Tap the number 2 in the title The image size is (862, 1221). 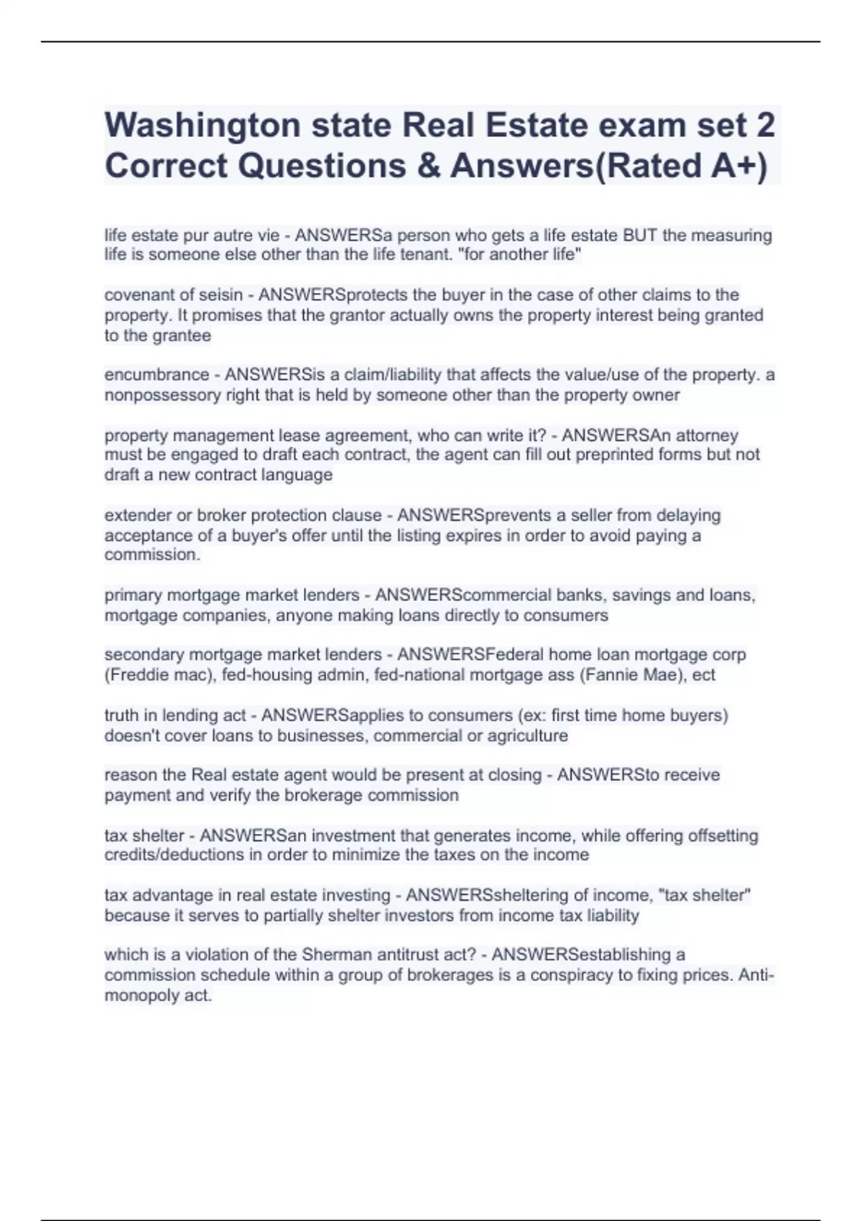[x=766, y=126]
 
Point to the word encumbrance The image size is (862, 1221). [x=157, y=375]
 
